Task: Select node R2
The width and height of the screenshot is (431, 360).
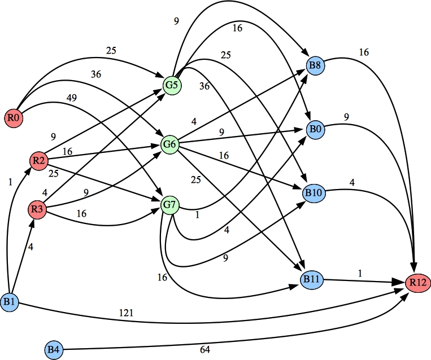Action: pyautogui.click(x=38, y=161)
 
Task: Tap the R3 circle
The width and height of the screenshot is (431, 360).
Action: pyautogui.click(x=37, y=210)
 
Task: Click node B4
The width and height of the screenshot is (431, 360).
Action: pyautogui.click(x=54, y=350)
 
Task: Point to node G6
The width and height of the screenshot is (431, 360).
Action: pyautogui.click(x=170, y=144)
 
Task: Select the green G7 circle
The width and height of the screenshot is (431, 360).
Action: pyautogui.click(x=170, y=203)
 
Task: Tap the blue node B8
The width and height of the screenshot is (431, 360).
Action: pyautogui.click(x=315, y=65)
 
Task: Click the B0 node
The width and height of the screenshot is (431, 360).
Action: pyautogui.click(x=315, y=129)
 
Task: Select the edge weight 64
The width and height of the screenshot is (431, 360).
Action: pyautogui.click(x=204, y=350)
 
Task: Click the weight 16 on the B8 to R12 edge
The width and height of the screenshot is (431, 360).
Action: pyautogui.click(x=364, y=52)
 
